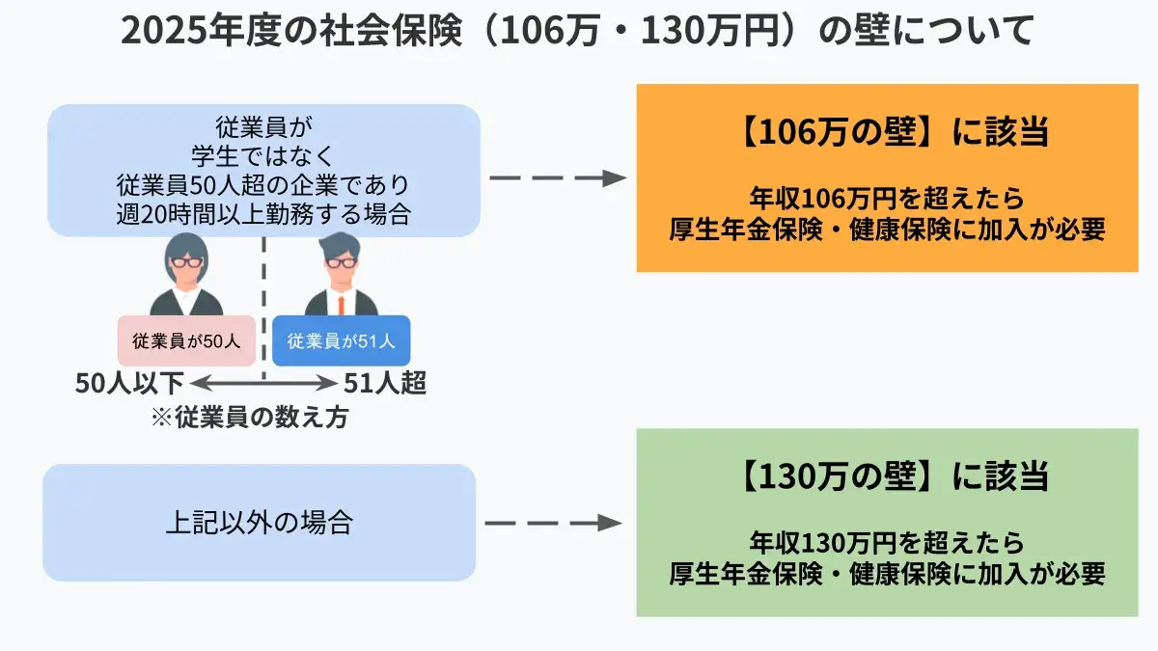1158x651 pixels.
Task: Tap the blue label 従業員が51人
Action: [x=341, y=340]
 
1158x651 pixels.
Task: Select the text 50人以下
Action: [x=128, y=384]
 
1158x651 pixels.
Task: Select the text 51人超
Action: [x=386, y=384]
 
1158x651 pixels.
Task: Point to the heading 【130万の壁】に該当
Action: [x=893, y=475]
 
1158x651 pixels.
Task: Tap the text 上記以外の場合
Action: [x=259, y=523]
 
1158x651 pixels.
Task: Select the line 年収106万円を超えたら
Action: [x=886, y=199]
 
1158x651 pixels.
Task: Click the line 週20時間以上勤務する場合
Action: [x=262, y=214]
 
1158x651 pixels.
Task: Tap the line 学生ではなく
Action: [x=262, y=154]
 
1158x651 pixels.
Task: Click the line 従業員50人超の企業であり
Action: [x=262, y=184]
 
